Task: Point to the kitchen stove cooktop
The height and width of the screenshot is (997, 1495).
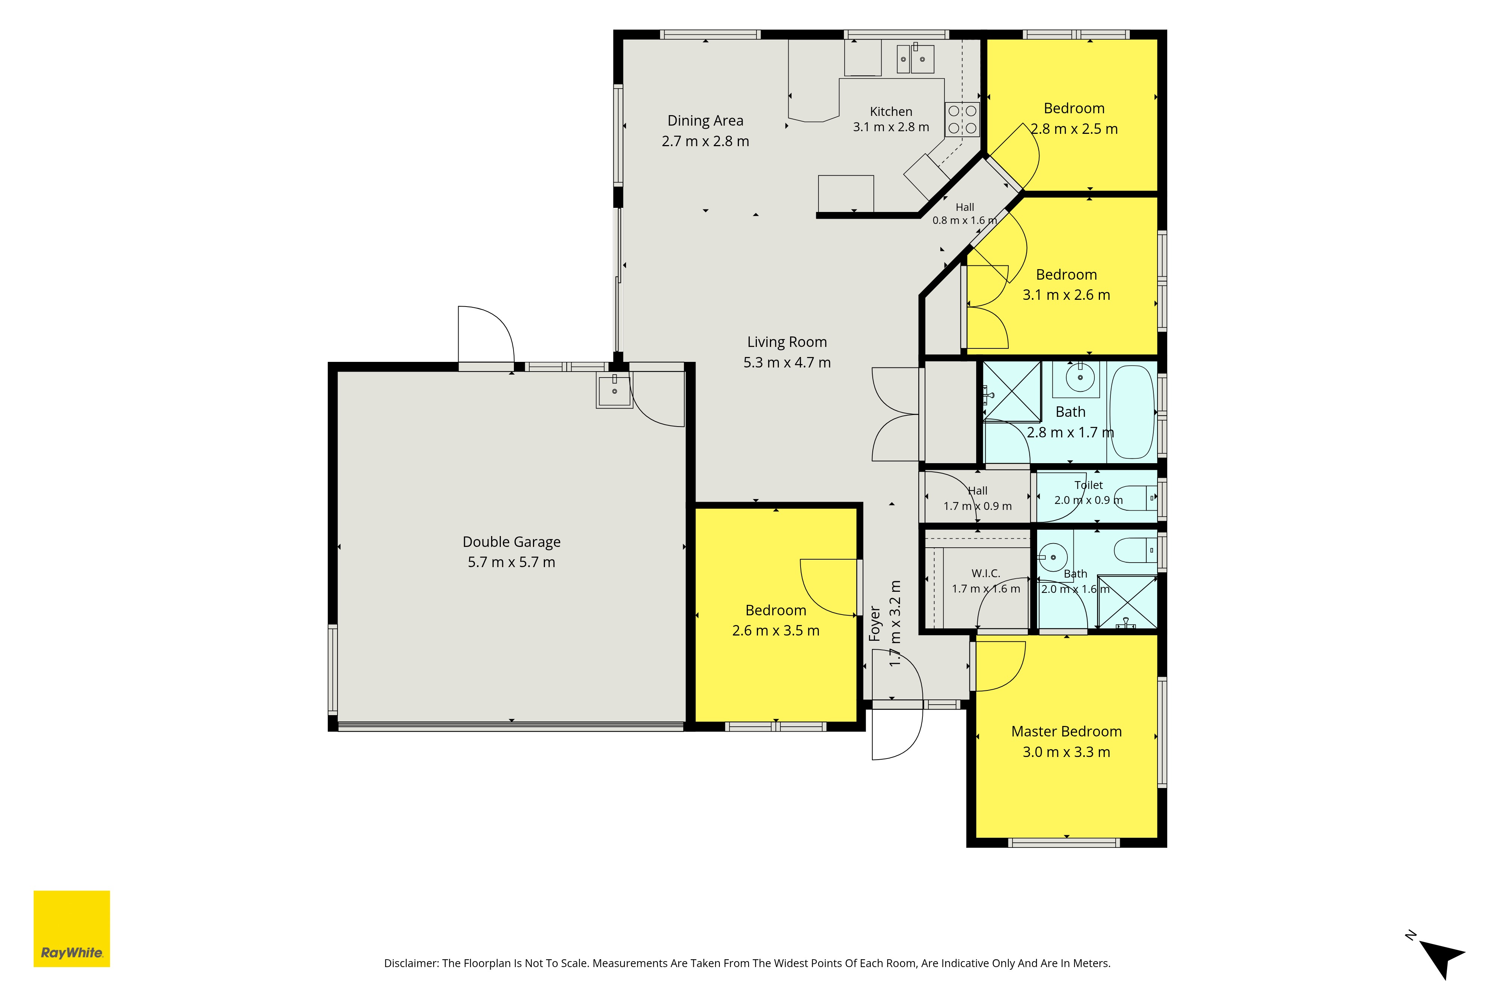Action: pyautogui.click(x=962, y=120)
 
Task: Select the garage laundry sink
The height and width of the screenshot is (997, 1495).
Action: pyautogui.click(x=614, y=390)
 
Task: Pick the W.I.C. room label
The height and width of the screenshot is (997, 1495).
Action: pyautogui.click(x=986, y=573)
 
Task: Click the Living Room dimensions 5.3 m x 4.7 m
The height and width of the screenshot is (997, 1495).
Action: pyautogui.click(x=787, y=363)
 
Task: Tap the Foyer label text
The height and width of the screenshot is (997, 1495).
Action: pyautogui.click(x=875, y=623)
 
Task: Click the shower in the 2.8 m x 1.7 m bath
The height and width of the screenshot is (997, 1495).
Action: pyautogui.click(x=1012, y=392)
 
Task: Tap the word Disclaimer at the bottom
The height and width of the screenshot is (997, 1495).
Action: pyautogui.click(x=411, y=963)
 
